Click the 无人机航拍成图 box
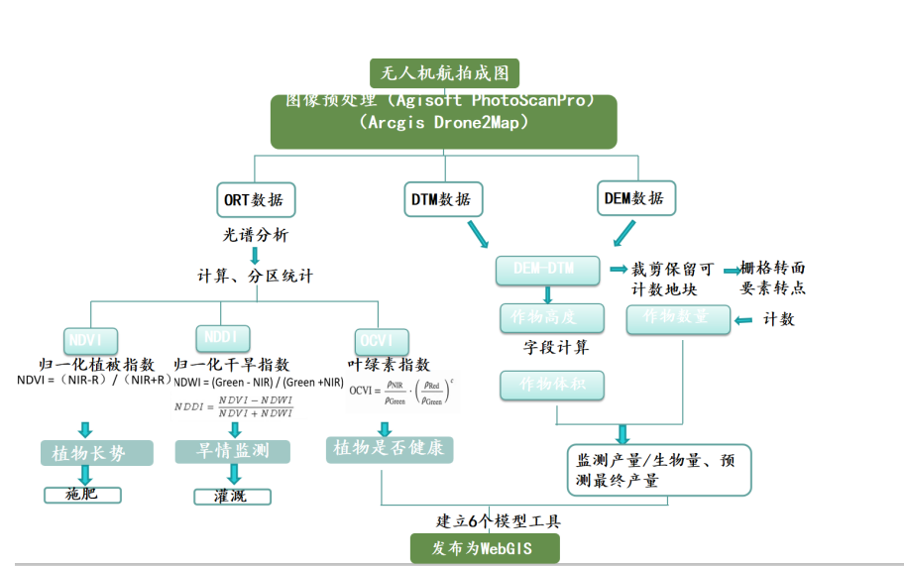coord(444,73)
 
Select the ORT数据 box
coord(255,198)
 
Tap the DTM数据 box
coord(442,198)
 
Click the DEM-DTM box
coord(548,270)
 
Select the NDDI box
coord(222,337)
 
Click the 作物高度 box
coord(551,318)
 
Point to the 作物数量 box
coord(678,318)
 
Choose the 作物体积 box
coord(551,385)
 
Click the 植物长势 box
coord(96,453)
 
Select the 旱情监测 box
coord(234,451)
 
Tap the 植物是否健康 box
coord(389,448)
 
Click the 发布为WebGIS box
coord(485,548)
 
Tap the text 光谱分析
coord(256,235)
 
